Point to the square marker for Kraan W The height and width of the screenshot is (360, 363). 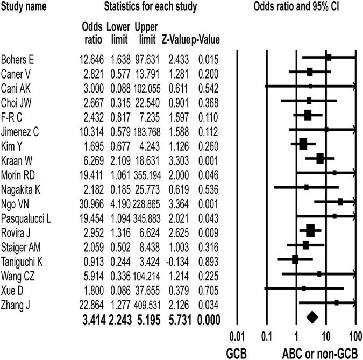click(x=320, y=158)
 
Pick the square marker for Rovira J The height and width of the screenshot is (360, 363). click(x=310, y=231)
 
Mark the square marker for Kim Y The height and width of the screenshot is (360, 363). click(x=303, y=144)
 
